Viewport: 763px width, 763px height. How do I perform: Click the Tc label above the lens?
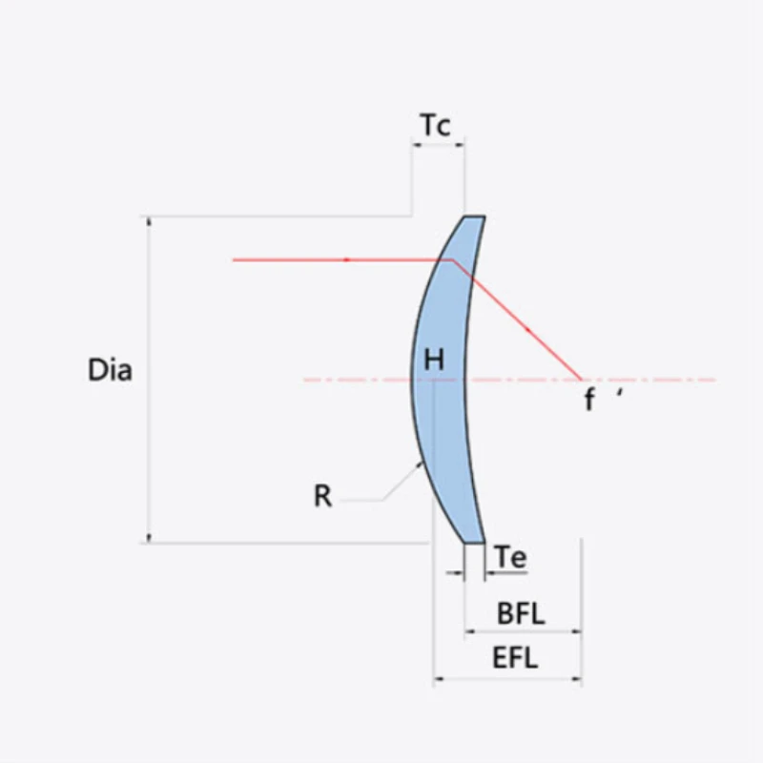(x=436, y=125)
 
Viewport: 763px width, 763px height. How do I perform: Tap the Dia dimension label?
(x=110, y=370)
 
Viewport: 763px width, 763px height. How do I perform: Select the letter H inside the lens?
(x=434, y=361)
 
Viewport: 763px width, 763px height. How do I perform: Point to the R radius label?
(x=323, y=496)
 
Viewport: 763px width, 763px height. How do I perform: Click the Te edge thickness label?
(x=511, y=557)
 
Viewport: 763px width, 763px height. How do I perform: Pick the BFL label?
(x=521, y=613)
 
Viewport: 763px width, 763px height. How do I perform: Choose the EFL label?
(x=515, y=658)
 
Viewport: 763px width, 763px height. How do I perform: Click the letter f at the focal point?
(x=589, y=399)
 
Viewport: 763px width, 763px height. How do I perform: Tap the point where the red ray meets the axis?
(x=581, y=379)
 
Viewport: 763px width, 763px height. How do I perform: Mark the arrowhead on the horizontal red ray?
(x=347, y=259)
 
